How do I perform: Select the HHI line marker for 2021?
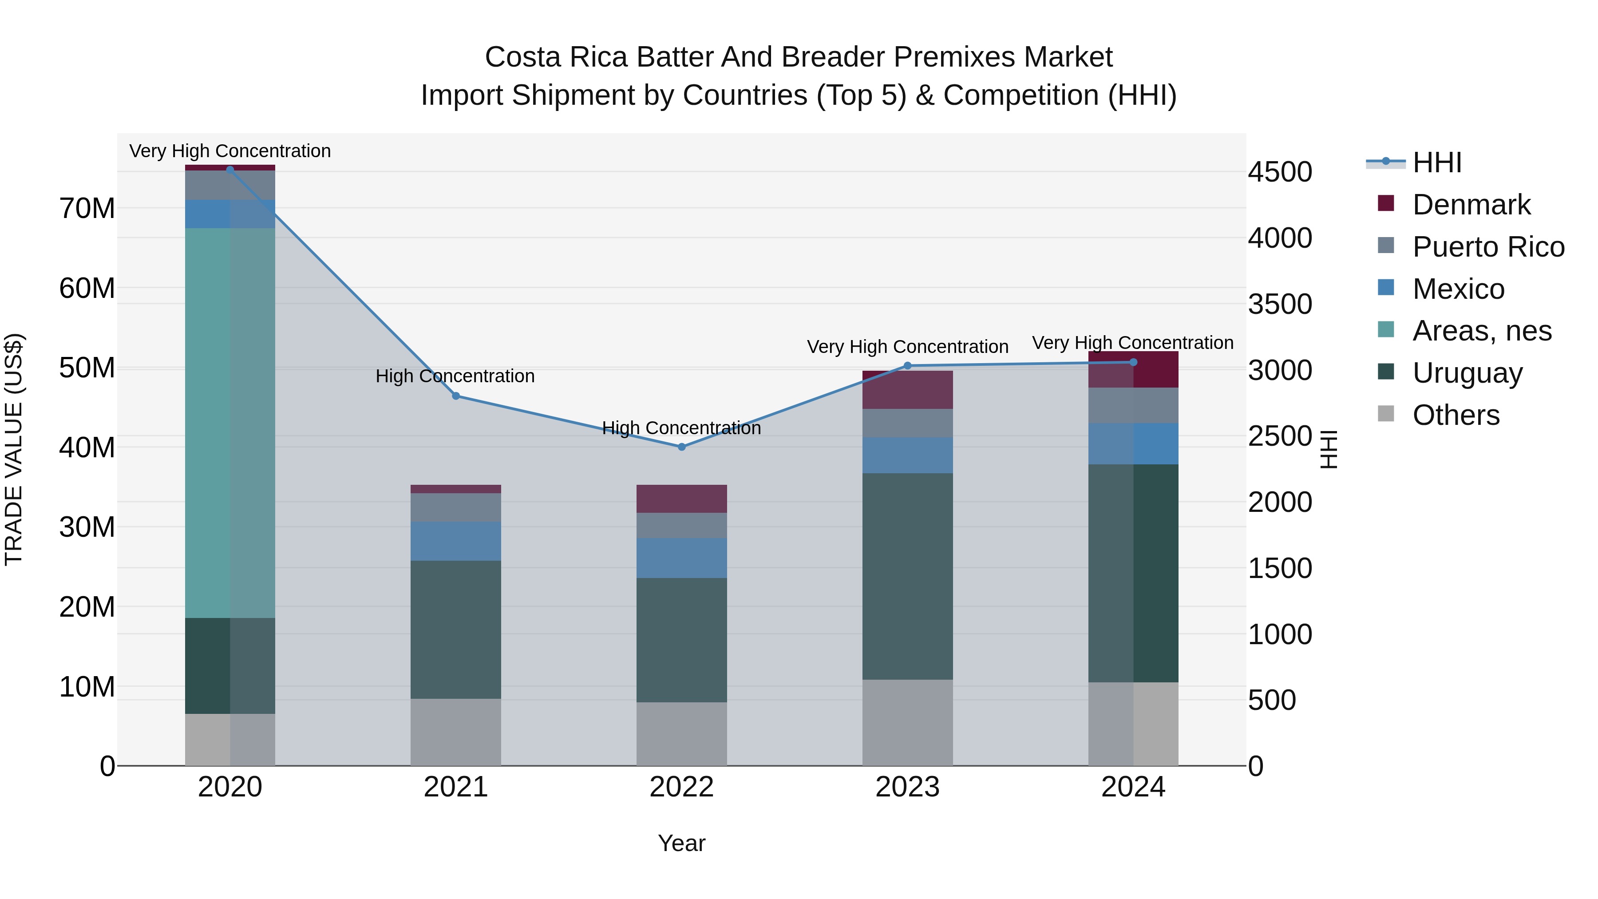[456, 396]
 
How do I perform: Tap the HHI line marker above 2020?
[230, 170]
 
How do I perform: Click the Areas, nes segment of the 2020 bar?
[230, 422]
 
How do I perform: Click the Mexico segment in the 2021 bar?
[456, 541]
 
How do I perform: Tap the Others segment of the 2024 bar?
[1133, 724]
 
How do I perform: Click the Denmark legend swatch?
[1385, 203]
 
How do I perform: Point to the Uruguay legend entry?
[1467, 373]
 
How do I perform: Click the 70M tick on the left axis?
[87, 209]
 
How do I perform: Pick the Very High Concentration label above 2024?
[1133, 342]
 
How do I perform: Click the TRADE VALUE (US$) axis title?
[14, 448]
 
